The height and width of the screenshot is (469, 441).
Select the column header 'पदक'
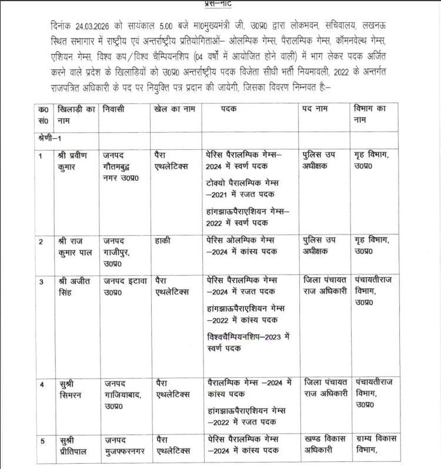[230, 109]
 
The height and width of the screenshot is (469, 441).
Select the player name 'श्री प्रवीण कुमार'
[76, 160]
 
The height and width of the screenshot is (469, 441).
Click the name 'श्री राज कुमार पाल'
[75, 246]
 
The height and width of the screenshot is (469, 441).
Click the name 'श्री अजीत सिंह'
[75, 286]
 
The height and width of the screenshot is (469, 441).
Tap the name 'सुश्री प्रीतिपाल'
[75, 445]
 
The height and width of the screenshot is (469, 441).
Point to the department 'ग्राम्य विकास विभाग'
[375, 445]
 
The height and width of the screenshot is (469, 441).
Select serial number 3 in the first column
[41, 281]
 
